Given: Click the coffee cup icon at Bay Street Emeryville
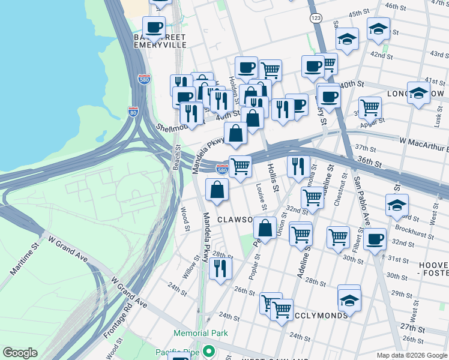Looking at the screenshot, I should click(154, 27).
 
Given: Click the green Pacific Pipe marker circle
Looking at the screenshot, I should click(208, 350).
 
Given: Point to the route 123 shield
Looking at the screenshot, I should click(316, 19).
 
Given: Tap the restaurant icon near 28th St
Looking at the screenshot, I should click(220, 268).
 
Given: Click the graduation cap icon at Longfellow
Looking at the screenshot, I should click(418, 93).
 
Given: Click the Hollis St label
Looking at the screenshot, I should click(274, 178).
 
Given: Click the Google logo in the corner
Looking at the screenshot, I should click(20, 353).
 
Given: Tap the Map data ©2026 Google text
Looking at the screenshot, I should click(412, 355).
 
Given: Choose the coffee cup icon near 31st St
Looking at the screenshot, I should click(375, 239).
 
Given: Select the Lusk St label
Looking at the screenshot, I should click(438, 114).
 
